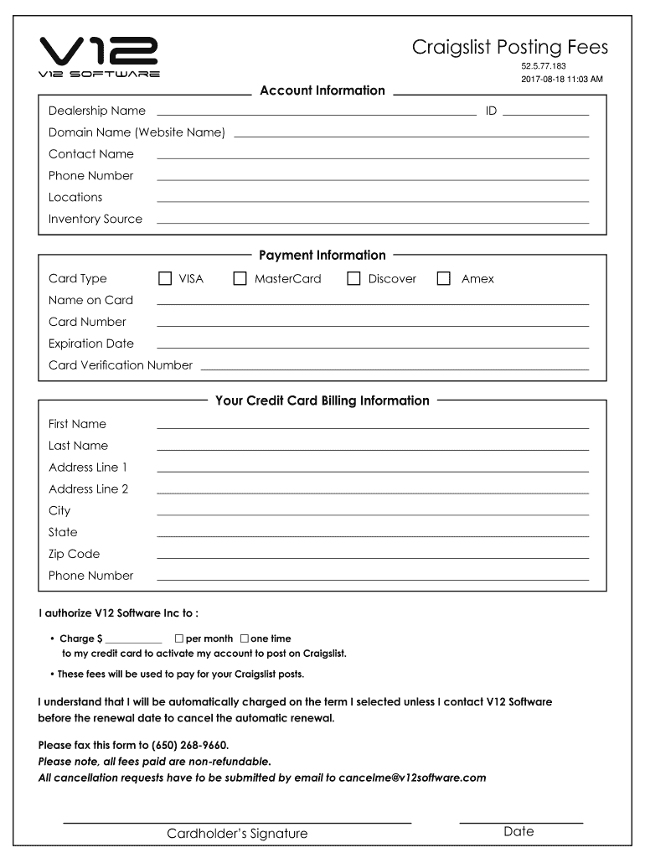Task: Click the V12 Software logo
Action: (100, 57)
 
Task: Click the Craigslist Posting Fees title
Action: (509, 48)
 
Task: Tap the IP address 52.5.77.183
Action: (544, 66)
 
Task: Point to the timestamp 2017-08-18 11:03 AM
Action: (561, 80)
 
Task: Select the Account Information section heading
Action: (322, 90)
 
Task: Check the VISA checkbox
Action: (165, 278)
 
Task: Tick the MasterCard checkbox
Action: (240, 278)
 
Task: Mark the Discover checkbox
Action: (353, 278)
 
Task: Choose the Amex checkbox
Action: (444, 278)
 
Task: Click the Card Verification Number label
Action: (121, 365)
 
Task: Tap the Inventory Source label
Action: (95, 220)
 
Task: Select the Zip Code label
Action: (74, 554)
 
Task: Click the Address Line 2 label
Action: (89, 489)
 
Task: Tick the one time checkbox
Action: (245, 638)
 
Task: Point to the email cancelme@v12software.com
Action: (412, 778)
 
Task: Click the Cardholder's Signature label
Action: (237, 834)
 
